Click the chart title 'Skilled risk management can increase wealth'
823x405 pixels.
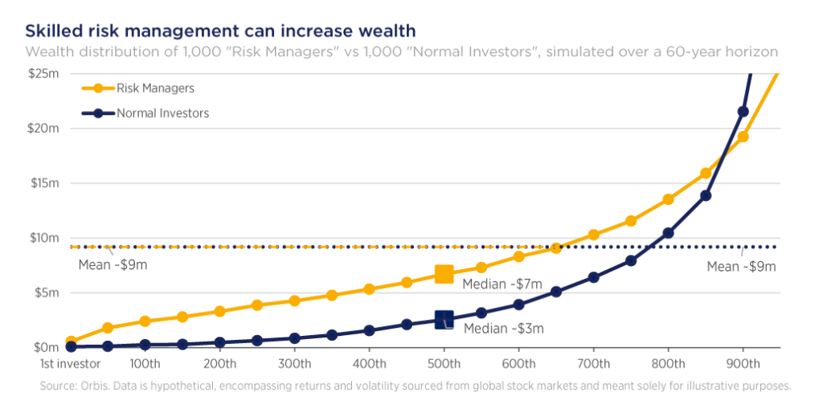(220, 31)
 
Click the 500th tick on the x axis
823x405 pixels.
(444, 362)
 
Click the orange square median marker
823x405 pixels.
(444, 274)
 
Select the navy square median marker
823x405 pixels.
(444, 320)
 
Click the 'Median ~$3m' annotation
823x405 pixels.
(504, 329)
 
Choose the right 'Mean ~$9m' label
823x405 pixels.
(740, 266)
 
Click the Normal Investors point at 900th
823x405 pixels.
(743, 112)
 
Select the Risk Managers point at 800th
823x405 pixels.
(668, 199)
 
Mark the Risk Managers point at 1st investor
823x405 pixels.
(72, 341)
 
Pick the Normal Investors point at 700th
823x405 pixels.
(593, 277)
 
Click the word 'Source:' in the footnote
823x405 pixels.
(59, 386)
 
